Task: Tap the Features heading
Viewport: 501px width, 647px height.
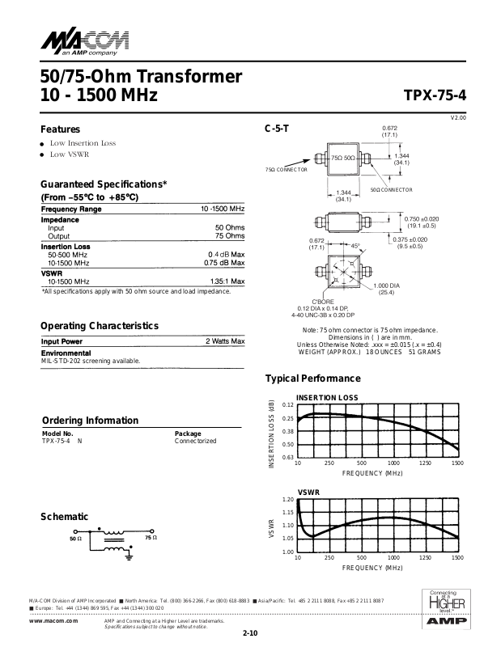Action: [x=61, y=129]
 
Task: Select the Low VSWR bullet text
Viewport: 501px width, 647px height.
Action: [x=70, y=154]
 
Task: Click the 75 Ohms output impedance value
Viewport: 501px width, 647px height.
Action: [x=229, y=236]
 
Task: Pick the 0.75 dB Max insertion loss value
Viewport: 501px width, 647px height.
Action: [x=224, y=263]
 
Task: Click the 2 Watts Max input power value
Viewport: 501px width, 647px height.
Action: [x=225, y=342]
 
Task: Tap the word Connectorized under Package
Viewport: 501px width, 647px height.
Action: [x=196, y=441]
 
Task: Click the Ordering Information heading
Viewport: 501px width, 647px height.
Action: [x=90, y=421]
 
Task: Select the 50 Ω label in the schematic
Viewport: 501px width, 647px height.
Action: [x=76, y=538]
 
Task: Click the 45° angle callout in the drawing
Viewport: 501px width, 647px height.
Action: [x=355, y=246]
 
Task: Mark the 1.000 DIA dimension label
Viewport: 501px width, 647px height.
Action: [x=388, y=286]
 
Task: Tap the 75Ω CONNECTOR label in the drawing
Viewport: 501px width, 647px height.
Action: [x=287, y=170]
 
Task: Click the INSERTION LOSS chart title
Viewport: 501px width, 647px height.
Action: [x=327, y=398]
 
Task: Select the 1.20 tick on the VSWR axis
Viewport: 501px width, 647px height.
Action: [x=289, y=500]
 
